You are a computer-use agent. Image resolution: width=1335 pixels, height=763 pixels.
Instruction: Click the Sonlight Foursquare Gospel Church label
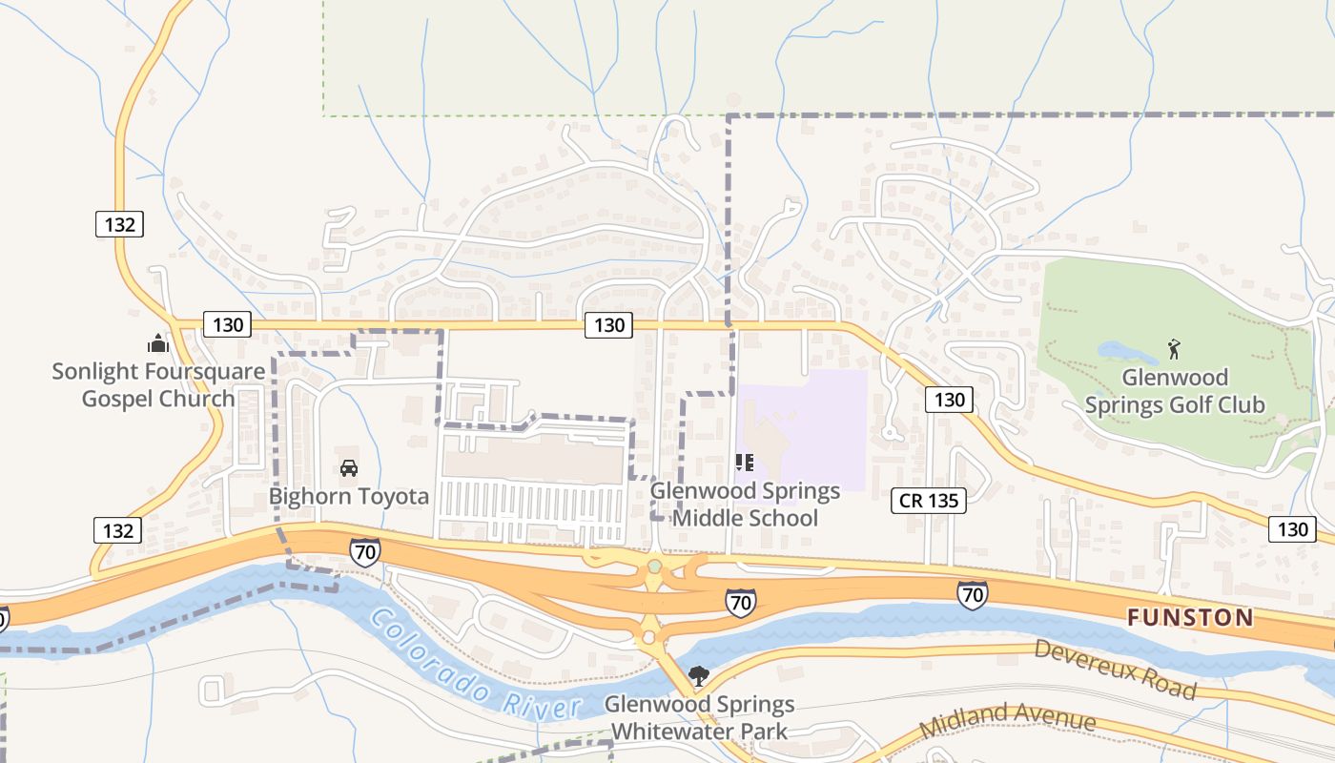pyautogui.click(x=157, y=385)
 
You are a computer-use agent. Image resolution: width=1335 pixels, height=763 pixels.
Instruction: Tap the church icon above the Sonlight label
pyautogui.click(x=157, y=343)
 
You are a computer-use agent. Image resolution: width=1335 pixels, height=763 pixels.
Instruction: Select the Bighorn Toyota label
pyautogui.click(x=349, y=496)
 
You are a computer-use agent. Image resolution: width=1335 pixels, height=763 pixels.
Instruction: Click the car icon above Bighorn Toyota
pyautogui.click(x=349, y=468)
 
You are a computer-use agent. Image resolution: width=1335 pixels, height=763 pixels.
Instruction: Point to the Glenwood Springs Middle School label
pyautogui.click(x=745, y=505)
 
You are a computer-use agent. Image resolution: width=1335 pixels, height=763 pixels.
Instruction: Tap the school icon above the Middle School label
pyautogui.click(x=745, y=464)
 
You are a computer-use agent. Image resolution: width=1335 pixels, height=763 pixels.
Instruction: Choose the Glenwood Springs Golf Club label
pyautogui.click(x=1174, y=391)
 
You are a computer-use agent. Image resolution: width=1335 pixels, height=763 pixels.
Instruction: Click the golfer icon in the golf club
pyautogui.click(x=1174, y=349)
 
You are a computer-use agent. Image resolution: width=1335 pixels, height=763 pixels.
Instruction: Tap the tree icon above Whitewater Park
pyautogui.click(x=699, y=676)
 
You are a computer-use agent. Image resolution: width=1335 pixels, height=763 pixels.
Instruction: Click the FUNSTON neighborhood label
pyautogui.click(x=1190, y=617)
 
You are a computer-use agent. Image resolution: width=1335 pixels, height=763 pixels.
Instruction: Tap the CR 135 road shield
pyautogui.click(x=929, y=500)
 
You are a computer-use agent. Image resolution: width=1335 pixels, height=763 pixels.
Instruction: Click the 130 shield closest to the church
pyautogui.click(x=228, y=325)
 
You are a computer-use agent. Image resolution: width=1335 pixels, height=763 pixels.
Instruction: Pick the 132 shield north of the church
pyautogui.click(x=119, y=224)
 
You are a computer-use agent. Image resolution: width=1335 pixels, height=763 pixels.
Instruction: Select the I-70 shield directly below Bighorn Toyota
pyautogui.click(x=364, y=551)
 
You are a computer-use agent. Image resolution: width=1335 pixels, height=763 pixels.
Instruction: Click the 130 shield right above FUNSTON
pyautogui.click(x=1292, y=529)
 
